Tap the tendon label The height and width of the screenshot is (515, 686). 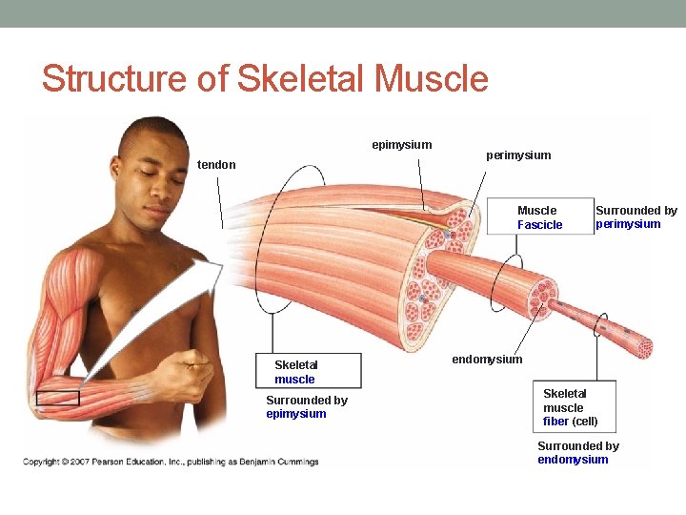(x=216, y=165)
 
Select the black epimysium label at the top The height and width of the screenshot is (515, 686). (x=401, y=145)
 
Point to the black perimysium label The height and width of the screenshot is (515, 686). (x=518, y=154)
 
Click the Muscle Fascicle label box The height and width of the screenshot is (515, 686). (x=539, y=217)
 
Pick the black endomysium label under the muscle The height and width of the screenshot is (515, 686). (x=487, y=360)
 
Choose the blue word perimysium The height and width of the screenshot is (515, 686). (x=628, y=225)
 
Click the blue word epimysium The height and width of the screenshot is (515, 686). (x=295, y=414)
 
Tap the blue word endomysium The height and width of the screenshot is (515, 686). (x=572, y=460)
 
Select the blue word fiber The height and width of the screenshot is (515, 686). (x=555, y=422)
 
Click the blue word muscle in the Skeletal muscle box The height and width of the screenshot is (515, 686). (x=294, y=380)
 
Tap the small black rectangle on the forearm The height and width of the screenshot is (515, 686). (x=57, y=398)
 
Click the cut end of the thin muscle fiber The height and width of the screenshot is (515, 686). (x=643, y=347)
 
